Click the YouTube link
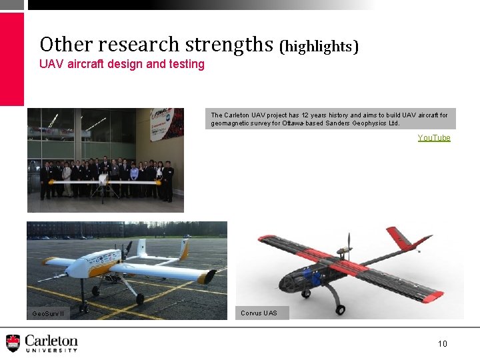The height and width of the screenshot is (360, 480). [x=433, y=138]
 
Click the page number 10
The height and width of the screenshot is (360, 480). [x=442, y=343]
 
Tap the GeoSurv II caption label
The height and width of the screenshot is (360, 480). [x=49, y=313]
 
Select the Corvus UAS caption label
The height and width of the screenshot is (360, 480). [x=259, y=313]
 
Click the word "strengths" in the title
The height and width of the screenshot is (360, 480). [x=229, y=45]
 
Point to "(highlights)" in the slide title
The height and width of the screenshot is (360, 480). [x=319, y=46]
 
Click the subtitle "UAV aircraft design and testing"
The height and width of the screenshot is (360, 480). [x=122, y=64]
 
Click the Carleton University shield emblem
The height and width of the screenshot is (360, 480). [x=13, y=343]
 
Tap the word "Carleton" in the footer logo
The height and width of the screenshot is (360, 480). [x=51, y=340]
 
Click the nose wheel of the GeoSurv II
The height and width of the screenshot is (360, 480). [x=83, y=307]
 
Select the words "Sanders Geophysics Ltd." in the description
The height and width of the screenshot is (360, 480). [x=361, y=123]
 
